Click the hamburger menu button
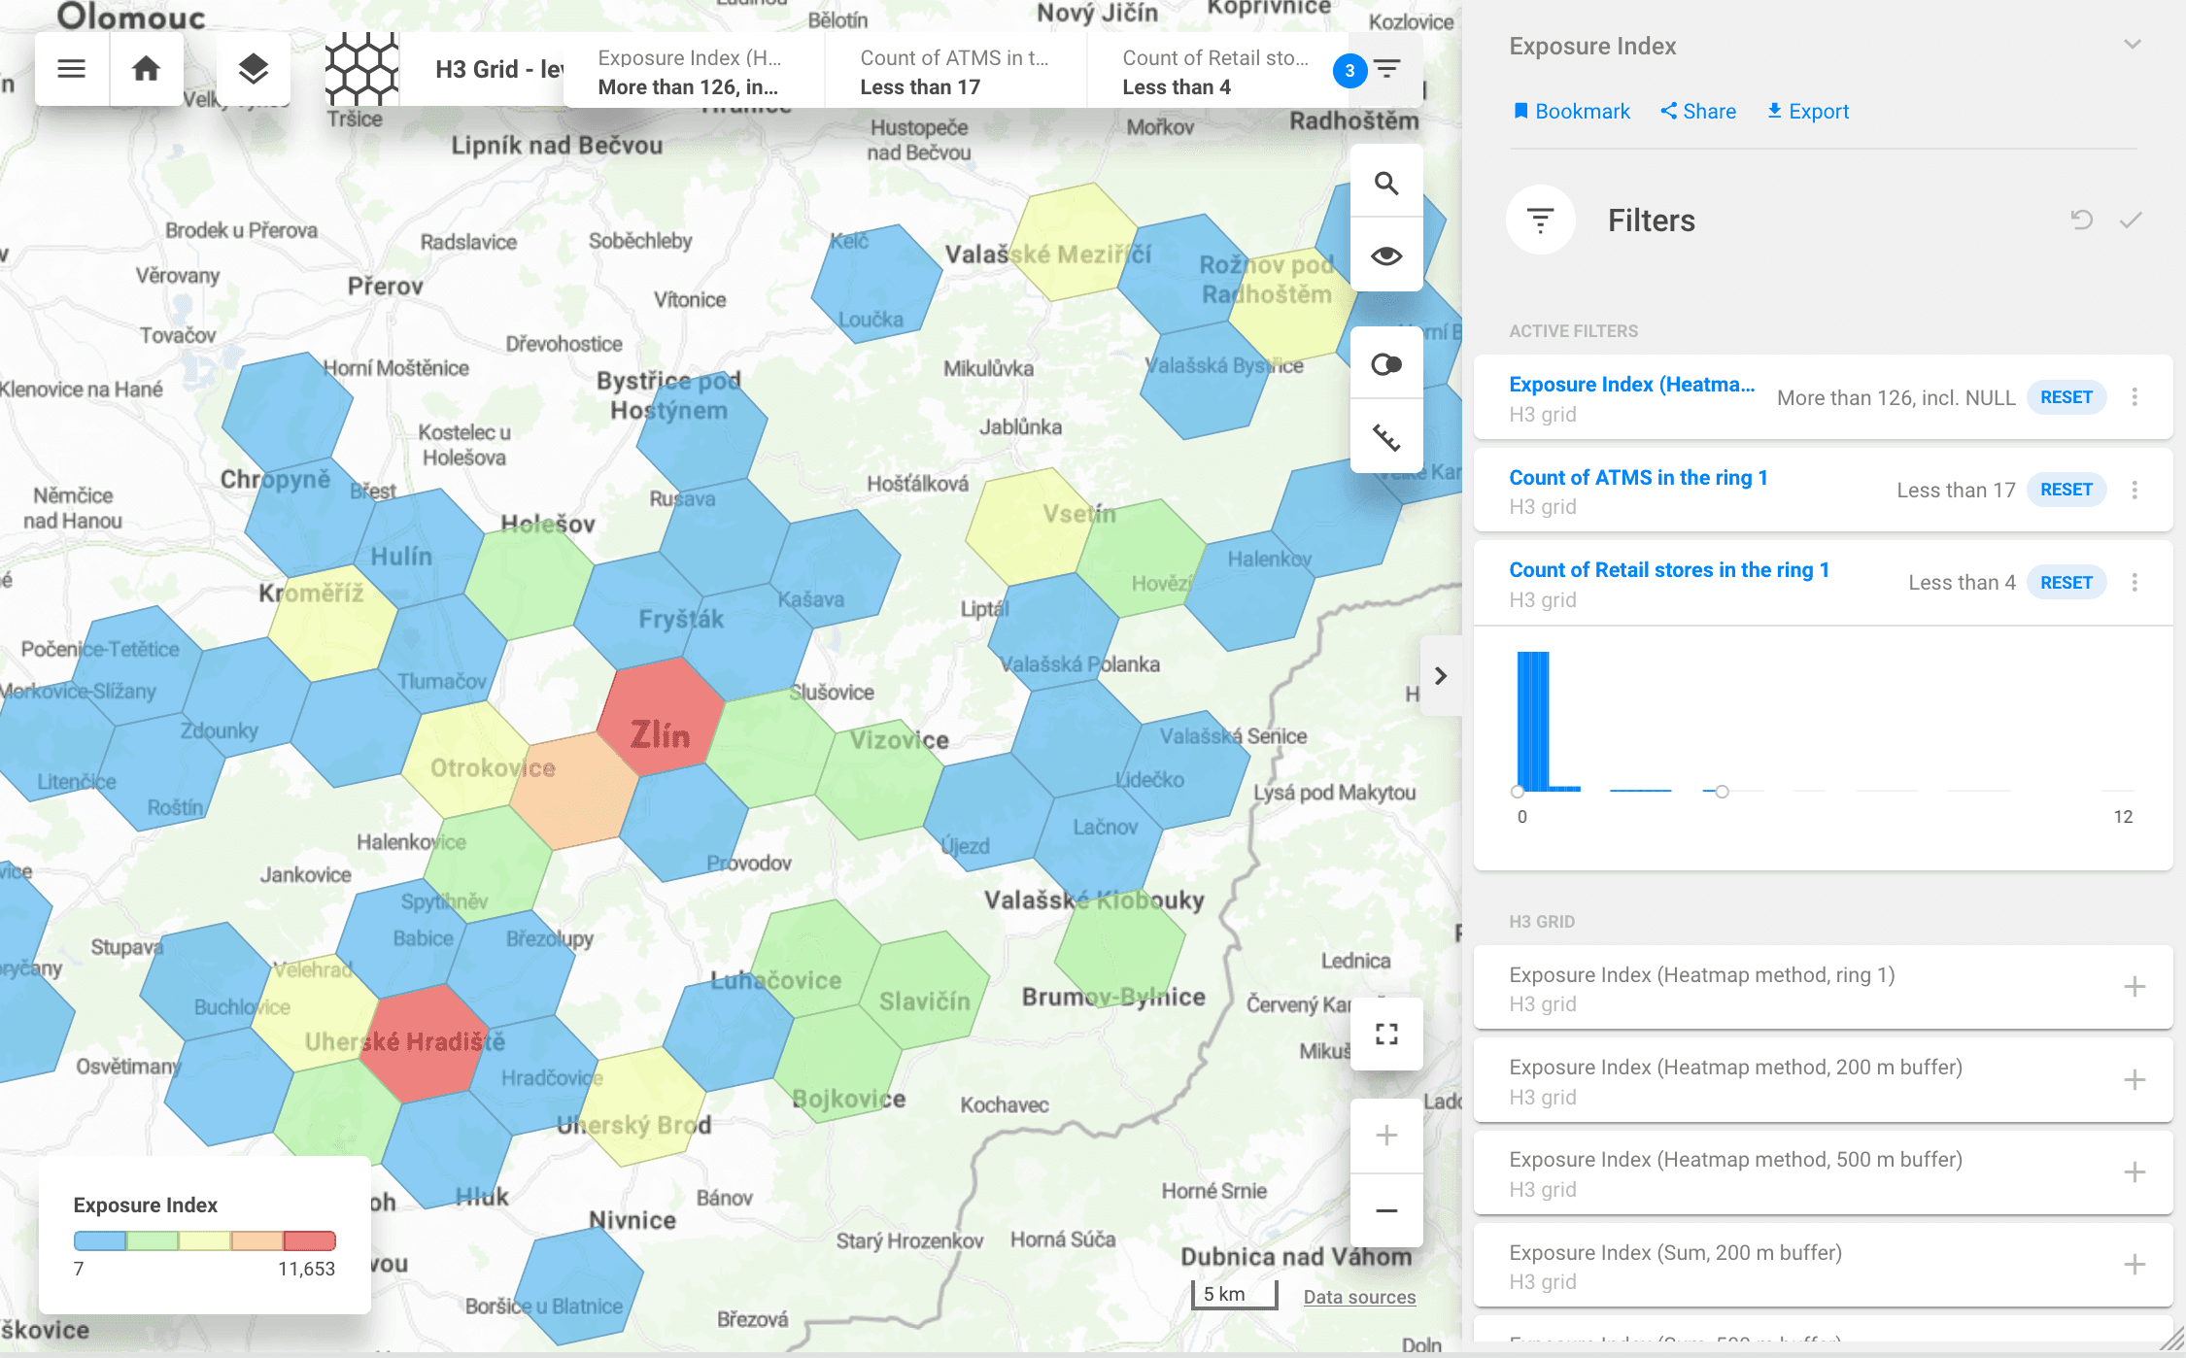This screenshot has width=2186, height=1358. pos(71,69)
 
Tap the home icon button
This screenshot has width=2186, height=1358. pos(146,69)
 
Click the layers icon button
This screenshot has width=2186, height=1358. pos(253,69)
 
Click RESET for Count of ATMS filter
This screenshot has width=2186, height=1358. pos(2066,490)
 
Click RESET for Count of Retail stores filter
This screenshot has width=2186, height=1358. pos(2066,583)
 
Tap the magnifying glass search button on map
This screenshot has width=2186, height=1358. pos(1386,183)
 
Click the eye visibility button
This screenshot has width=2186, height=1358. pos(1386,255)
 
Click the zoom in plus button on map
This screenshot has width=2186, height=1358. pos(1386,1136)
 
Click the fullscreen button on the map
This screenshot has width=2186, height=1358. pos(1386,1035)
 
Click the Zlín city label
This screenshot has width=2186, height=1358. pos(660,735)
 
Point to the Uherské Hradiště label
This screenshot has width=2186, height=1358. pos(405,1042)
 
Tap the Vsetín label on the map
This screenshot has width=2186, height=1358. pos(1079,514)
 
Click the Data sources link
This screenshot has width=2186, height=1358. pos(1359,1297)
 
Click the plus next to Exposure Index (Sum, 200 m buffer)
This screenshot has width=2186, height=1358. pos(2135,1265)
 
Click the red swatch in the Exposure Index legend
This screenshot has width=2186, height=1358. pos(309,1240)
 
